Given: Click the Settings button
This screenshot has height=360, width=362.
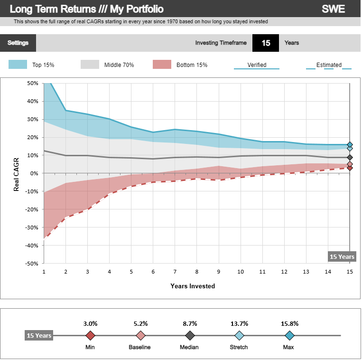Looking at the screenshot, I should click(x=18, y=43).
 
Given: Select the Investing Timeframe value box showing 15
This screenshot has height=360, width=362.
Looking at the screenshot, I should click(x=266, y=43).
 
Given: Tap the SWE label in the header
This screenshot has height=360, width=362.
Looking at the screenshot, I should click(x=333, y=9).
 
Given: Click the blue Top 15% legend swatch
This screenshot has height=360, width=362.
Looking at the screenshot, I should click(x=18, y=65).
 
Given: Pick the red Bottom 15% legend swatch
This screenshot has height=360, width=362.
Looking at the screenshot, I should click(x=162, y=65).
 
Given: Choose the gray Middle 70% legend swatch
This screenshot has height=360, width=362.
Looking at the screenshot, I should click(x=90, y=65).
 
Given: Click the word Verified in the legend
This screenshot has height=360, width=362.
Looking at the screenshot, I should click(x=257, y=65).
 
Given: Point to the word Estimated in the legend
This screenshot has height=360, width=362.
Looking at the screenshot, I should click(x=329, y=65).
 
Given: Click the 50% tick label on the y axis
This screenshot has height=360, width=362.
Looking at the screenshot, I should click(x=32, y=83).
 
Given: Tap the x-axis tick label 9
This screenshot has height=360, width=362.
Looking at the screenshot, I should click(x=219, y=272).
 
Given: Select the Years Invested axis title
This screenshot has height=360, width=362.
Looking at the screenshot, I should click(x=193, y=286).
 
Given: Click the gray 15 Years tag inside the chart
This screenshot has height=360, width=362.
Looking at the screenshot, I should click(x=342, y=256).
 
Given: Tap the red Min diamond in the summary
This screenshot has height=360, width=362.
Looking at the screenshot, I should click(x=91, y=336).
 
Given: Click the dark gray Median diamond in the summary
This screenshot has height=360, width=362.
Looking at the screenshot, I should click(x=190, y=336).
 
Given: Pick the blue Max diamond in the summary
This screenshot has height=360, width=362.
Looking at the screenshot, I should click(x=290, y=336).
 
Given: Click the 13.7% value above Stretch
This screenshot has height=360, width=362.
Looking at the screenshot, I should click(x=240, y=323).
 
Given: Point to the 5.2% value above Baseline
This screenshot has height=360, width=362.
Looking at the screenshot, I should click(x=140, y=323).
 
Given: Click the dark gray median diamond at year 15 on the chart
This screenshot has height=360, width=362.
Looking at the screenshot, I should click(x=350, y=158).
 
